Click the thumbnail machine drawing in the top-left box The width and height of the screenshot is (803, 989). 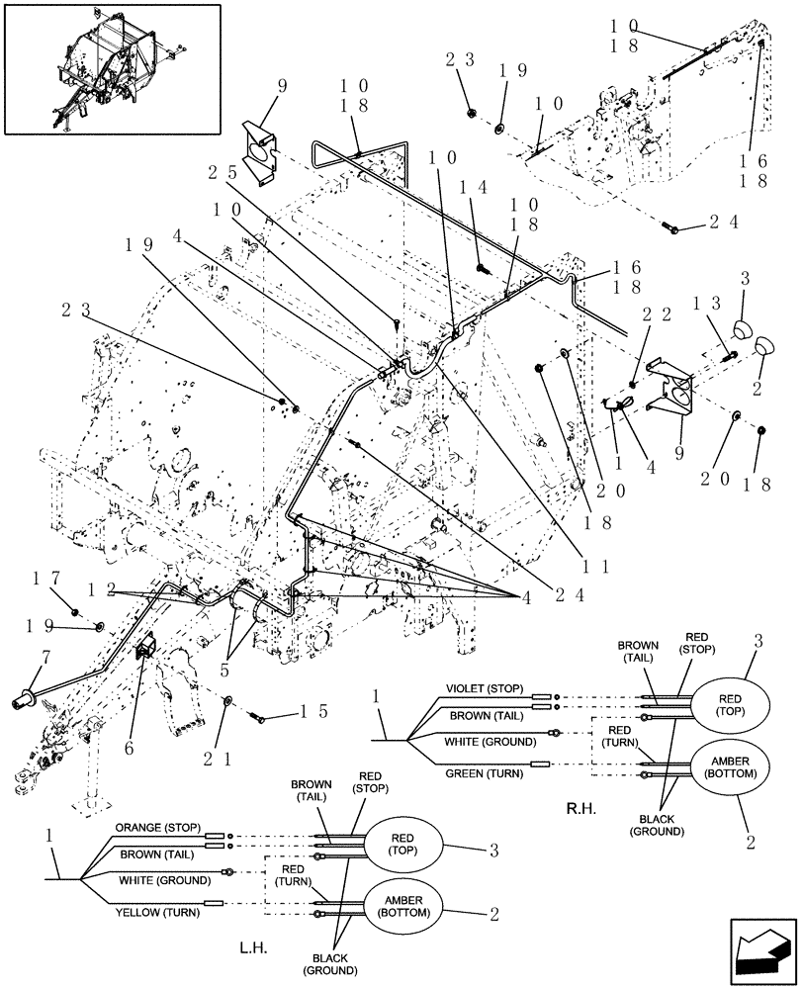[110, 68]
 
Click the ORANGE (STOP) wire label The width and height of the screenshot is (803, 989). [158, 828]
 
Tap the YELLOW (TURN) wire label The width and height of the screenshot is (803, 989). [158, 912]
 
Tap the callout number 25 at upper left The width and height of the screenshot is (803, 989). [222, 170]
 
